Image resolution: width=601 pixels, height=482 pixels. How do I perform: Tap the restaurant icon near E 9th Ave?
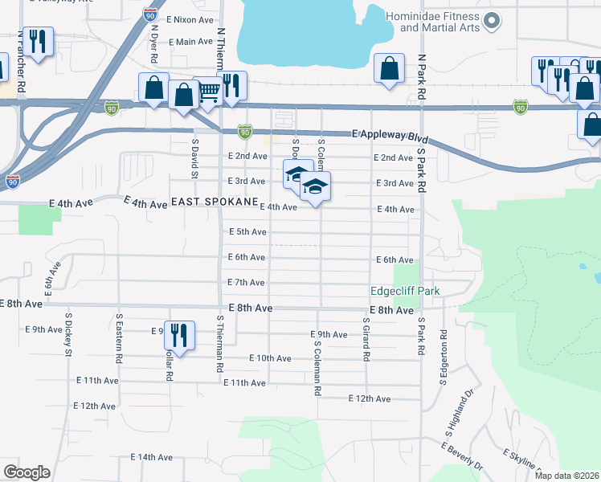[x=179, y=336]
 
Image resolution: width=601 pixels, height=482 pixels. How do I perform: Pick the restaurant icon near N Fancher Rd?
[x=37, y=41]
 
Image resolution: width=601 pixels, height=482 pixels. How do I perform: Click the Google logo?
[x=27, y=472]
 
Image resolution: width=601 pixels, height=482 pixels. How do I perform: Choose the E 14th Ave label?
[x=152, y=457]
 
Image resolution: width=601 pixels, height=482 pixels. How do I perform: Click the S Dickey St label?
[x=69, y=340]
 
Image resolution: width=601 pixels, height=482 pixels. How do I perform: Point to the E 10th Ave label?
[x=270, y=358]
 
